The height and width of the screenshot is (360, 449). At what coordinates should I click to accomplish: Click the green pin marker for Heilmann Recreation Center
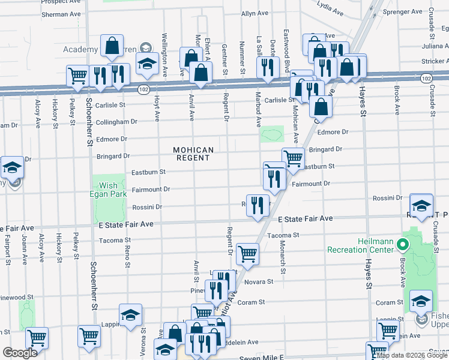pos(404,245)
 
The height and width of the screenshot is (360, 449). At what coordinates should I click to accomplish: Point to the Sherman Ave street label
pos(61,13)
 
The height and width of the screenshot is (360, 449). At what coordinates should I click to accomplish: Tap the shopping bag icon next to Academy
pos(112,45)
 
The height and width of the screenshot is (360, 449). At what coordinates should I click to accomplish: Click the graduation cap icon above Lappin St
pos(130,315)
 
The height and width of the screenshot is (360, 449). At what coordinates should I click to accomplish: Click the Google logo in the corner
pos(20,353)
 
